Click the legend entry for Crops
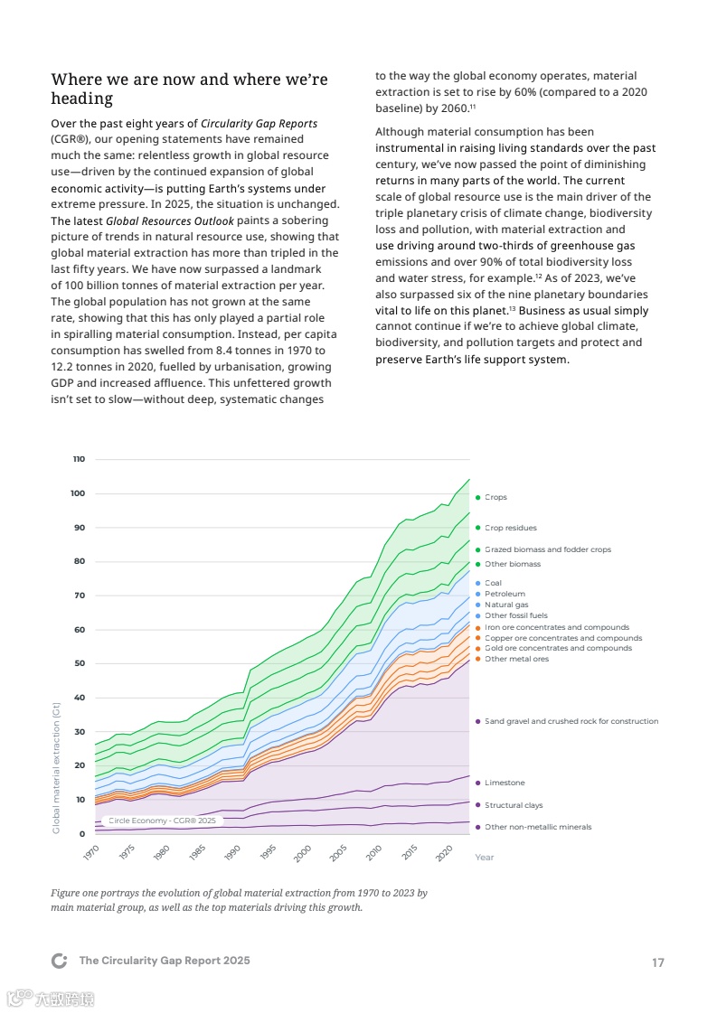[495, 497]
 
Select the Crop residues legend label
[510, 528]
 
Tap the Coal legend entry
[493, 583]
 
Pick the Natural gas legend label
[506, 605]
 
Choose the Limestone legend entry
[505, 783]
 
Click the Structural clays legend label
[514, 805]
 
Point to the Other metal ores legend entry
[516, 659]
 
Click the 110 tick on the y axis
[79, 459]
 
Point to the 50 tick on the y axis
[79, 663]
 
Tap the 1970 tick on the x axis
[90, 852]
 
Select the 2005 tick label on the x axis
[338, 852]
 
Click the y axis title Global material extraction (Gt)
[55, 768]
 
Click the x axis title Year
[485, 858]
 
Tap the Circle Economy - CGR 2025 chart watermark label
[162, 821]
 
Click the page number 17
[657, 962]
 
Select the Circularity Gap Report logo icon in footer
[60, 961]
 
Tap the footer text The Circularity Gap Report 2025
[165, 961]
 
